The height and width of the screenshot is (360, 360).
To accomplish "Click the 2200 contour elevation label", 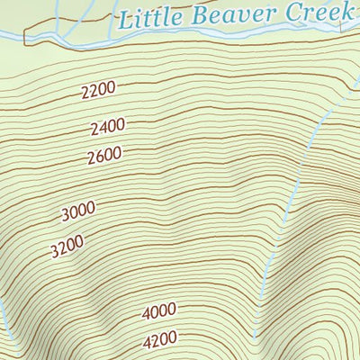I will point(99,90).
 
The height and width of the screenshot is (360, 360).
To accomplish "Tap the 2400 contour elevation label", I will point(107,126).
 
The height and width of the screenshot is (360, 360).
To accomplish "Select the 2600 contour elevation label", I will point(104,157).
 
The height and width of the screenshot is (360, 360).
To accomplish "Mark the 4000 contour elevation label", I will point(158,311).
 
